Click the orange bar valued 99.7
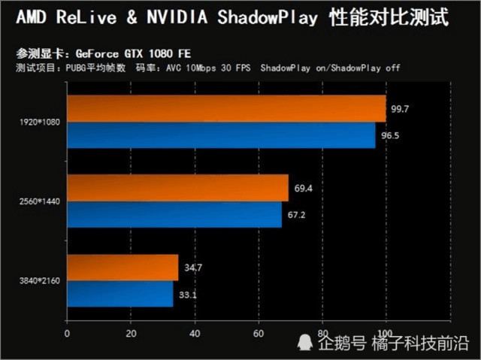[x=225, y=109]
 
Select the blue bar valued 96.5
[x=221, y=135]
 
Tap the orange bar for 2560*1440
[x=177, y=188]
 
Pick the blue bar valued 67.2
[x=174, y=214]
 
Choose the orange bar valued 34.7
[x=123, y=268]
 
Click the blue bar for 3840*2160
[x=119, y=294]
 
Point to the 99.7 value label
[x=400, y=110]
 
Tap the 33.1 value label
[x=188, y=295]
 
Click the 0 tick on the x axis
[x=68, y=333]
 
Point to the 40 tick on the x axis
[x=195, y=333]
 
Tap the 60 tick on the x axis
[x=259, y=333]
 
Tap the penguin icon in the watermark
[x=304, y=343]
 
